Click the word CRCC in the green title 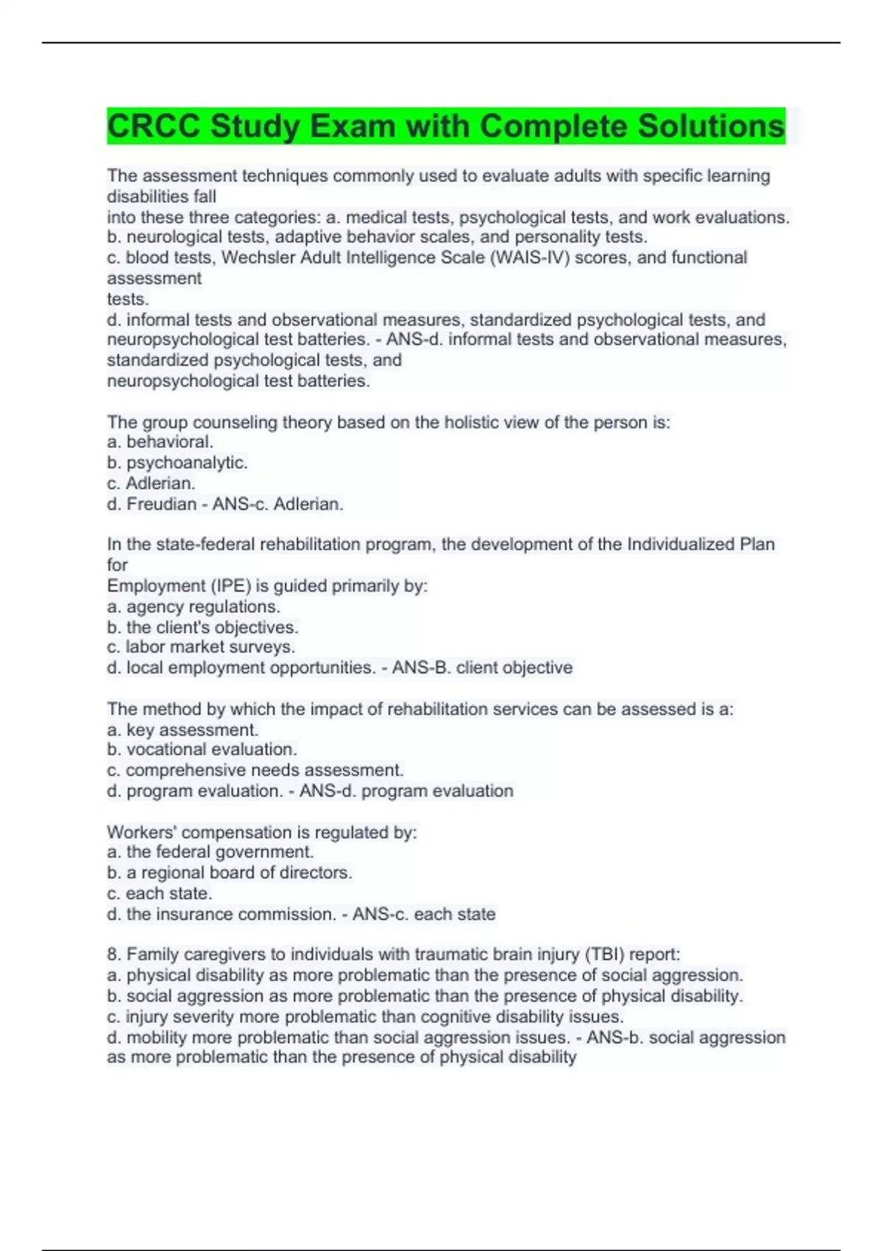coord(154,127)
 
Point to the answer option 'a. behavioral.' coord(160,442)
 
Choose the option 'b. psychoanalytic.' coord(177,463)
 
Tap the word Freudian coord(162,504)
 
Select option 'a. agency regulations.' coord(194,606)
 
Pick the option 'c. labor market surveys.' coord(201,647)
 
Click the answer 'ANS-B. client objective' coord(482,667)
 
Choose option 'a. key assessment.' coord(182,730)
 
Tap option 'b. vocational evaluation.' coord(202,749)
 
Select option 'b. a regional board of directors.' coord(230,873)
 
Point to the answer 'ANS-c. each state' coord(424,914)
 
